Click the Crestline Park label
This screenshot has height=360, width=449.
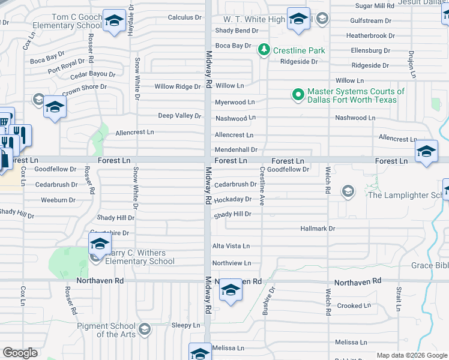tap(299, 50)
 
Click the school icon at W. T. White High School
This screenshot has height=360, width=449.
tap(298, 19)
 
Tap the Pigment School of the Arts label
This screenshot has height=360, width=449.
tap(107, 330)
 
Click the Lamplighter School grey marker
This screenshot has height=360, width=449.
tap(347, 191)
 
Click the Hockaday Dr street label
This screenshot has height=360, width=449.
tap(232, 199)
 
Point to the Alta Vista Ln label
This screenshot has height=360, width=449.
tap(231, 246)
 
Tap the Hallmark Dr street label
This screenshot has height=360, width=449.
tap(318, 229)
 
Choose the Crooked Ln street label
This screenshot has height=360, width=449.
tap(349, 306)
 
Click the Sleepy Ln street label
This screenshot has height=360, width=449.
tap(185, 325)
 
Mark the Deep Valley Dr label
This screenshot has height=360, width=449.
tap(179, 116)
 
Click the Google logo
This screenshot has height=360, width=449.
tap(20, 353)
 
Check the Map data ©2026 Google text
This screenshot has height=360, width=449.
tap(411, 355)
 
